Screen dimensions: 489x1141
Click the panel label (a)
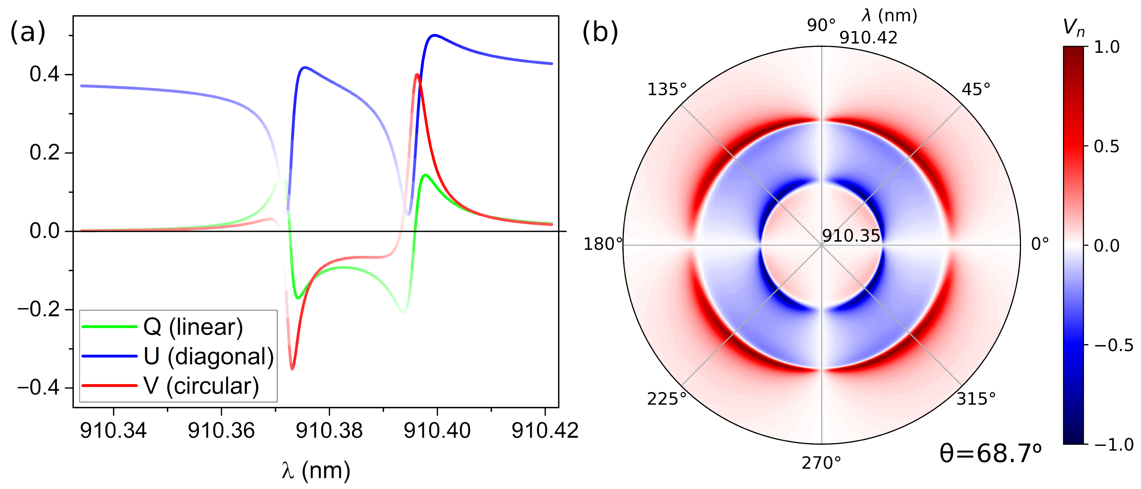click(x=28, y=32)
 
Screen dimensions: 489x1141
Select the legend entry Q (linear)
click(x=193, y=327)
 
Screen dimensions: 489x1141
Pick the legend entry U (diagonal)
click(x=208, y=356)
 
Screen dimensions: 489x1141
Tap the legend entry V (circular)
click(x=201, y=386)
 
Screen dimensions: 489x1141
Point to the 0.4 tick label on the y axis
click(x=44, y=74)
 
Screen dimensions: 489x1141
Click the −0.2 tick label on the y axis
click(x=39, y=309)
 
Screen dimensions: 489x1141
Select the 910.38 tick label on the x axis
click(x=329, y=430)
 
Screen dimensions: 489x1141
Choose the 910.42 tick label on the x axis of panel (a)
click(x=545, y=430)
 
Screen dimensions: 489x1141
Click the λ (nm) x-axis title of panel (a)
click(x=316, y=470)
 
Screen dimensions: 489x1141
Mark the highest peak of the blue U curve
click(x=434, y=35)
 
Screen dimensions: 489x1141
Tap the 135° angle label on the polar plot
click(x=667, y=90)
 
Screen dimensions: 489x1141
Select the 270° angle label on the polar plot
click(x=821, y=463)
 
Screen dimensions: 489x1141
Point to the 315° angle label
click(x=976, y=399)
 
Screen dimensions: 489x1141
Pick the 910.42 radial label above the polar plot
click(x=868, y=38)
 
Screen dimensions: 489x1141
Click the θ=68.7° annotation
click(x=990, y=453)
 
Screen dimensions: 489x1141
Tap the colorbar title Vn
click(x=1074, y=28)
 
